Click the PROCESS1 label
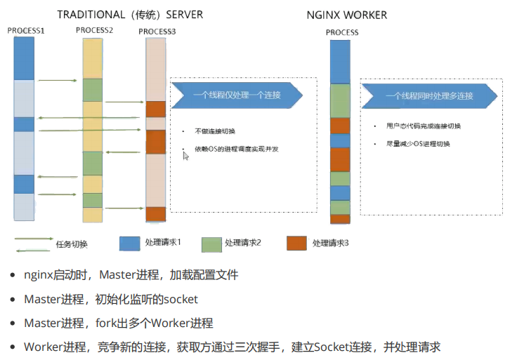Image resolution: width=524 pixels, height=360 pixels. (26, 32)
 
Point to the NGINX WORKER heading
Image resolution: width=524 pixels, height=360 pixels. (347, 15)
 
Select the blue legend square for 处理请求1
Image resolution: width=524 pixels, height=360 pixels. (130, 243)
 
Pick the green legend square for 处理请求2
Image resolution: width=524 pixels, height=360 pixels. (211, 243)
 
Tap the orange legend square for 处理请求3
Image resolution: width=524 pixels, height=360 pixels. (298, 243)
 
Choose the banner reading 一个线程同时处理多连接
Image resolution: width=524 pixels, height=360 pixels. (429, 95)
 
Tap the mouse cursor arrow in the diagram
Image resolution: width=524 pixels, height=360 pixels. (185, 156)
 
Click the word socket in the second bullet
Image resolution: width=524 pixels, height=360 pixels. (181, 299)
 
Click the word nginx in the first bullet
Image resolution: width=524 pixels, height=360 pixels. (38, 274)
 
